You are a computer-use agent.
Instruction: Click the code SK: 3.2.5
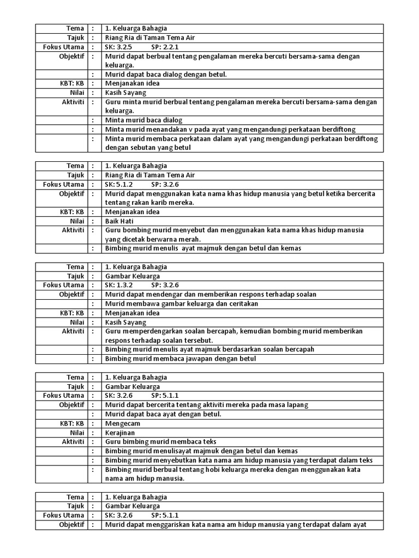point(119,47)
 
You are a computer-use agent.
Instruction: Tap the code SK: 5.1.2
point(119,185)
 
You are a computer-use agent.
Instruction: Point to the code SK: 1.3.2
point(119,285)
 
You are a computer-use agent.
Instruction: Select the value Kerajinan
point(120,433)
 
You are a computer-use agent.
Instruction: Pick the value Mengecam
point(123,423)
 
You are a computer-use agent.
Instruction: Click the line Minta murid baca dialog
point(143,120)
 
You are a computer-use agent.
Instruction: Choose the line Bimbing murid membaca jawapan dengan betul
point(180,359)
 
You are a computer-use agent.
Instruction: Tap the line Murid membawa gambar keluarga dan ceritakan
point(182,304)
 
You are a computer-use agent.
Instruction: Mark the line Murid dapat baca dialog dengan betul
point(165,74)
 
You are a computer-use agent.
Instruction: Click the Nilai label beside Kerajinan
point(76,433)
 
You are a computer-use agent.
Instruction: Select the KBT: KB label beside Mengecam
point(72,423)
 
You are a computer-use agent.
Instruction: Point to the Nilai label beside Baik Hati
point(76,221)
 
